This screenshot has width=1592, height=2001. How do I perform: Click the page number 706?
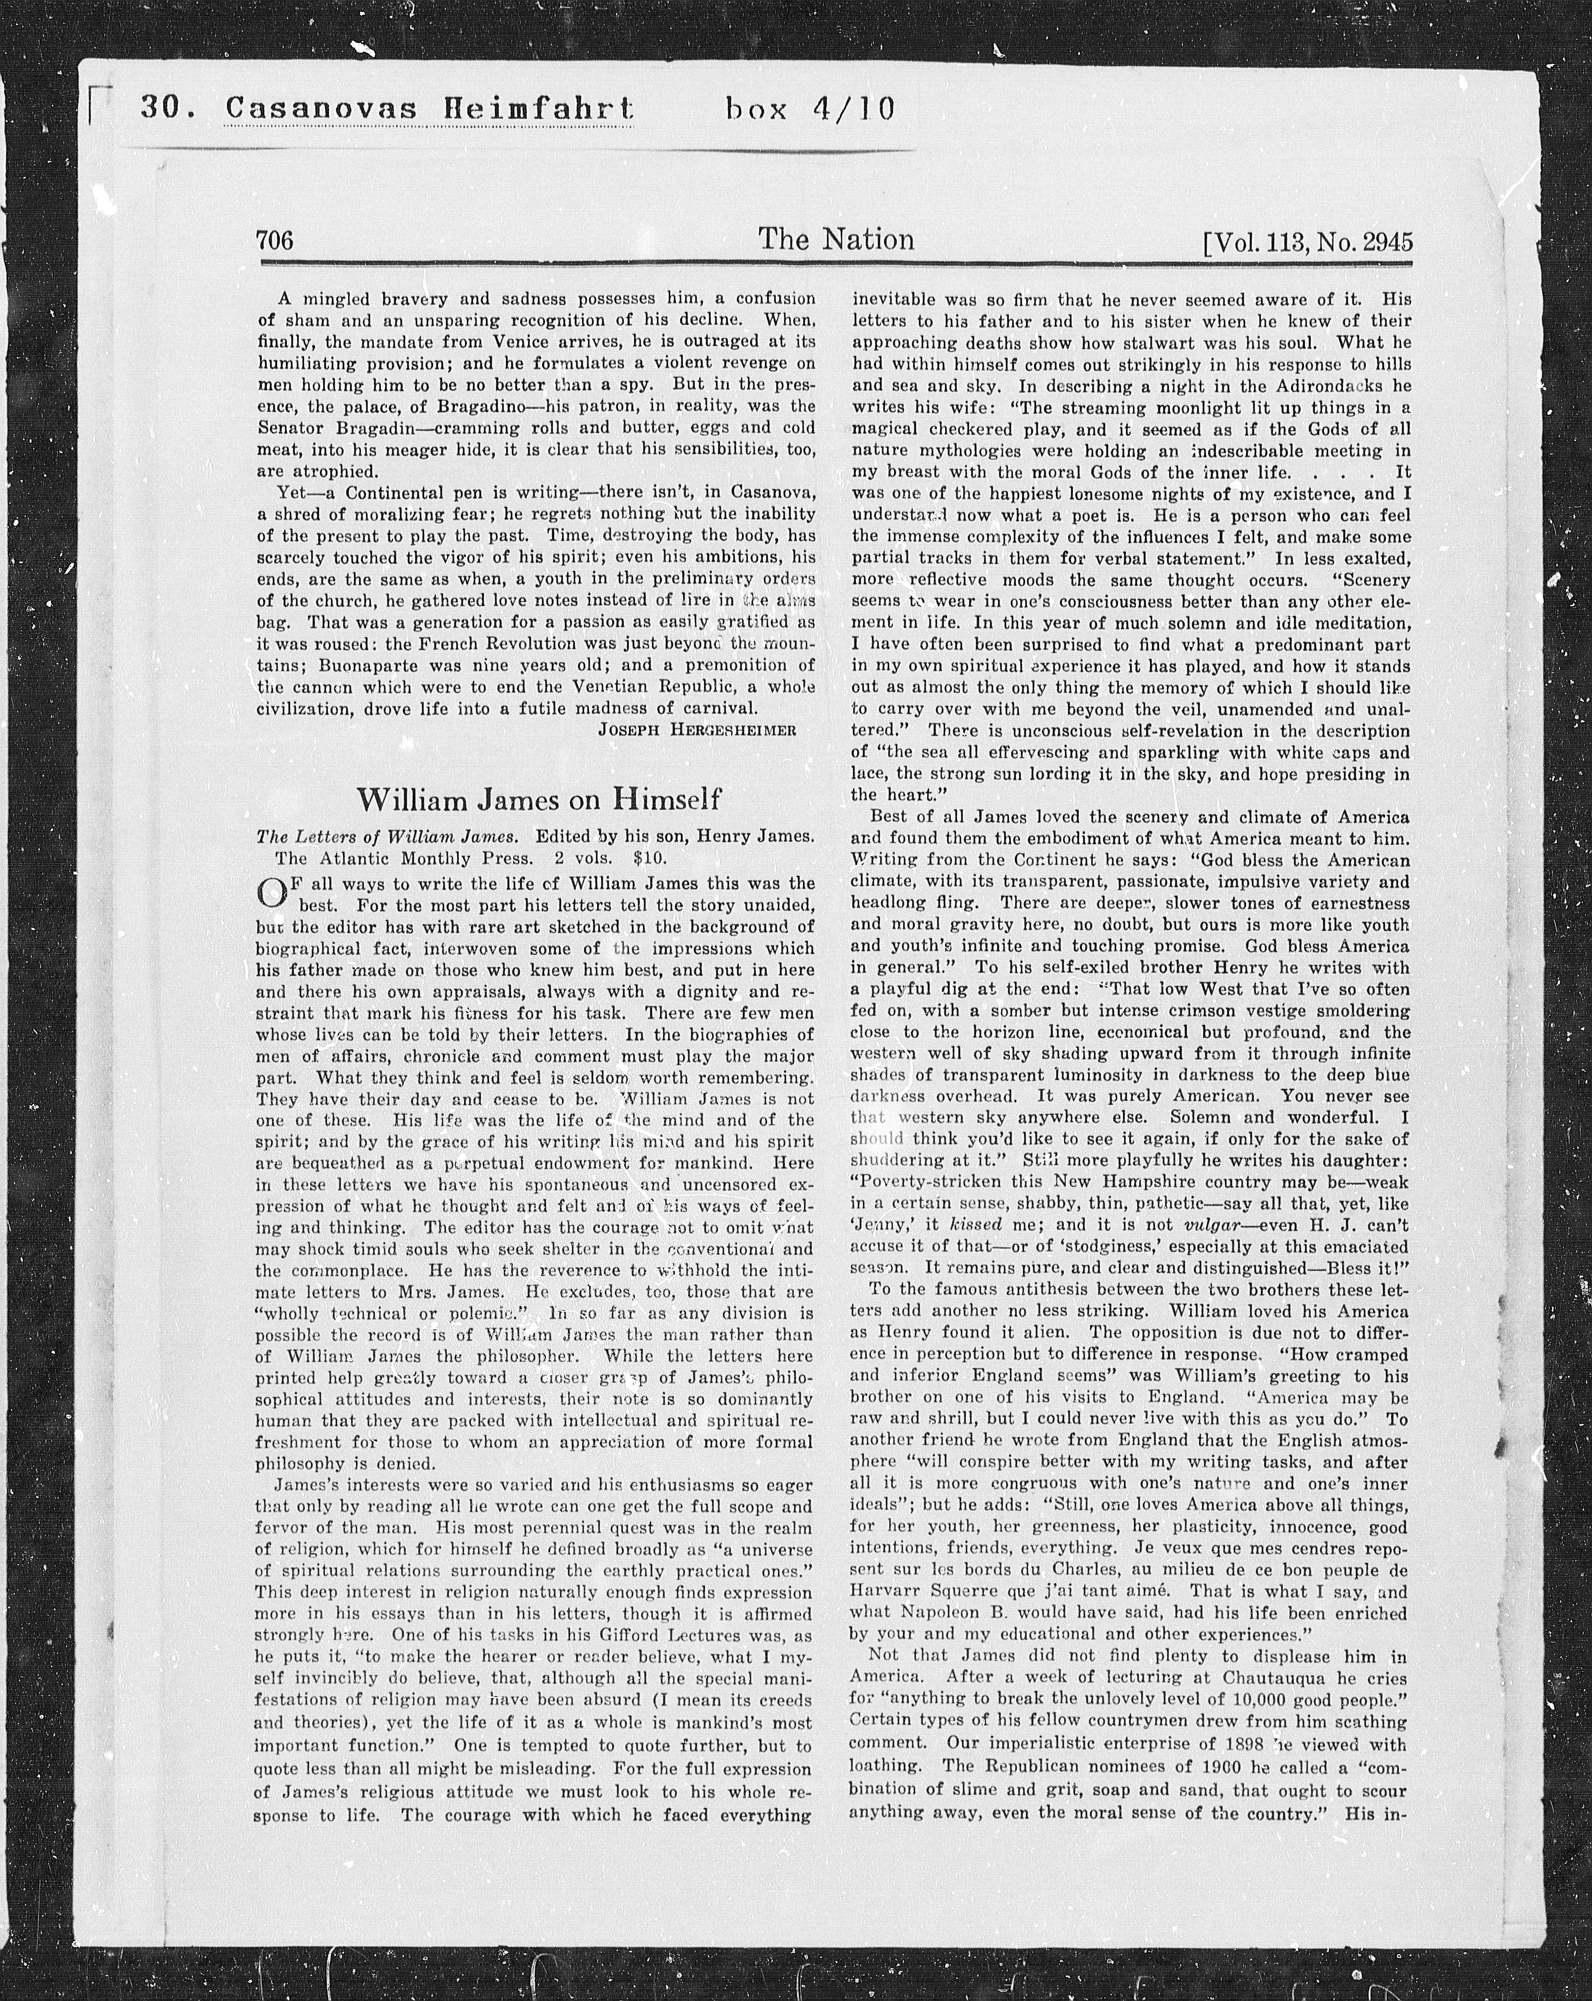point(275,241)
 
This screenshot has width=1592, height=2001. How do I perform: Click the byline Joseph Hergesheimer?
point(696,730)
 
